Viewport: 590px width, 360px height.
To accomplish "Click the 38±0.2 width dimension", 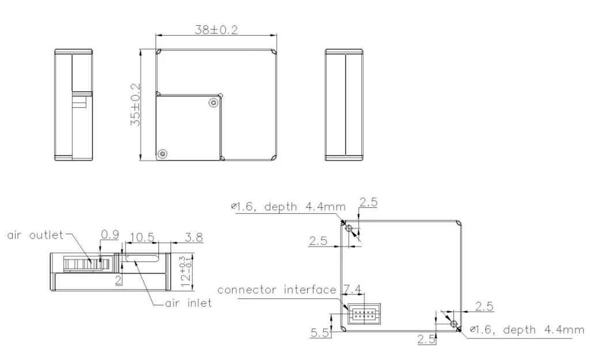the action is pos(217,30).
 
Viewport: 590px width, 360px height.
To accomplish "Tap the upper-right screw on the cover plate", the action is pos(214,103).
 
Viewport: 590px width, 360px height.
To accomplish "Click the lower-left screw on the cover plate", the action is pos(162,153).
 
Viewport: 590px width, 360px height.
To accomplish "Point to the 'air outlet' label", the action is pos(35,235).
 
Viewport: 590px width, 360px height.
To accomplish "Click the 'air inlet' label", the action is pos(188,303).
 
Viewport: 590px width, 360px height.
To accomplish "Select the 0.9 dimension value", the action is pos(110,235).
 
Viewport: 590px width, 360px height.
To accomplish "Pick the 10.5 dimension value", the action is pos(142,237).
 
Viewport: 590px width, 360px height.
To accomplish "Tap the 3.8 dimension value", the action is pos(194,237).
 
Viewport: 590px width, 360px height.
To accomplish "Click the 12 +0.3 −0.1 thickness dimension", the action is pos(186,271).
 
